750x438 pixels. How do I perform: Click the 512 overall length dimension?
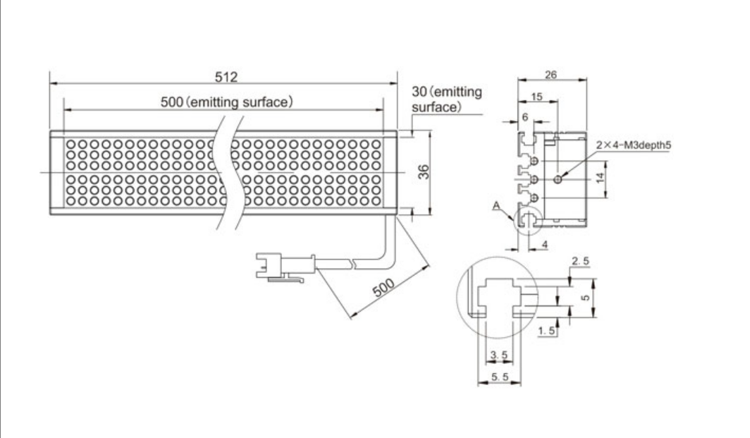(226, 77)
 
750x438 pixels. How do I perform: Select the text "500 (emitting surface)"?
(226, 102)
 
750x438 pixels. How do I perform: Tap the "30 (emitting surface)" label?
(447, 99)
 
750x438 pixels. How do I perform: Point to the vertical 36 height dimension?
(424, 171)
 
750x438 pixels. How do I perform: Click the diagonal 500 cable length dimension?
(383, 288)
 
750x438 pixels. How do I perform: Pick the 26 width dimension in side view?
(551, 74)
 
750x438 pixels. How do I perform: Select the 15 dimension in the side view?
(536, 97)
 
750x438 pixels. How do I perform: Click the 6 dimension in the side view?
(524, 117)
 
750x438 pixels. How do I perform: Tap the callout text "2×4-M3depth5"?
(633, 145)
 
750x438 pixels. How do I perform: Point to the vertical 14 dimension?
(601, 178)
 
